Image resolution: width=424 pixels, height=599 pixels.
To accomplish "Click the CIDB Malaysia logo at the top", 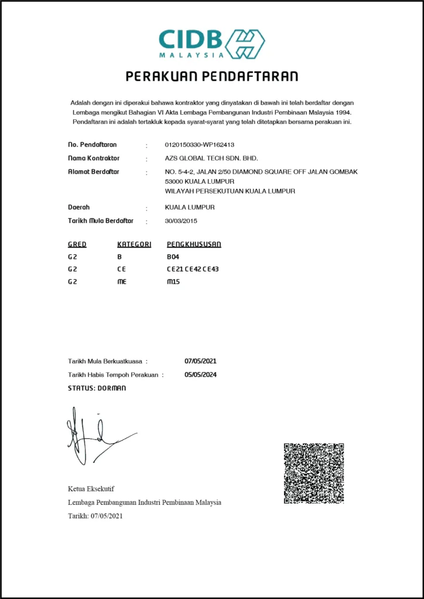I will [211, 43].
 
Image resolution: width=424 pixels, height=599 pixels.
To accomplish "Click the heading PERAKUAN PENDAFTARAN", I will [212, 76].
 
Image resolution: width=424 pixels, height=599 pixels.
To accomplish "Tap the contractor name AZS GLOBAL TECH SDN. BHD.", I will [211, 159].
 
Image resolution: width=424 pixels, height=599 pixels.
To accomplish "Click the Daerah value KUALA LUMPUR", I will [190, 207].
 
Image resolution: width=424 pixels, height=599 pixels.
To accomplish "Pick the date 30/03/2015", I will [182, 221].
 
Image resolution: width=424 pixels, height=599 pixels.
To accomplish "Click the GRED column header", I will [77, 244].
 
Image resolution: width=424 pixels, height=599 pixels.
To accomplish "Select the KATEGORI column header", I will [134, 244].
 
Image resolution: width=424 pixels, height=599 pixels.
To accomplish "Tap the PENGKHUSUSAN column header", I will [194, 244].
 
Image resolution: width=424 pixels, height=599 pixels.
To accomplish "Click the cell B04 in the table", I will [173, 257].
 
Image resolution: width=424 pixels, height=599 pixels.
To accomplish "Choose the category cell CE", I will [121, 269].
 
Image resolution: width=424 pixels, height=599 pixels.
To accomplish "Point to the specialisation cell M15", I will [173, 281].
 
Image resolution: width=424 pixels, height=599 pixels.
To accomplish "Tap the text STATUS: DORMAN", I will [97, 388].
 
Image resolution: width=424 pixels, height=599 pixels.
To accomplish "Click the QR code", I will [313, 473].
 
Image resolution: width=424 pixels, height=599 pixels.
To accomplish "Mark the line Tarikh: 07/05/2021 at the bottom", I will [95, 515].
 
